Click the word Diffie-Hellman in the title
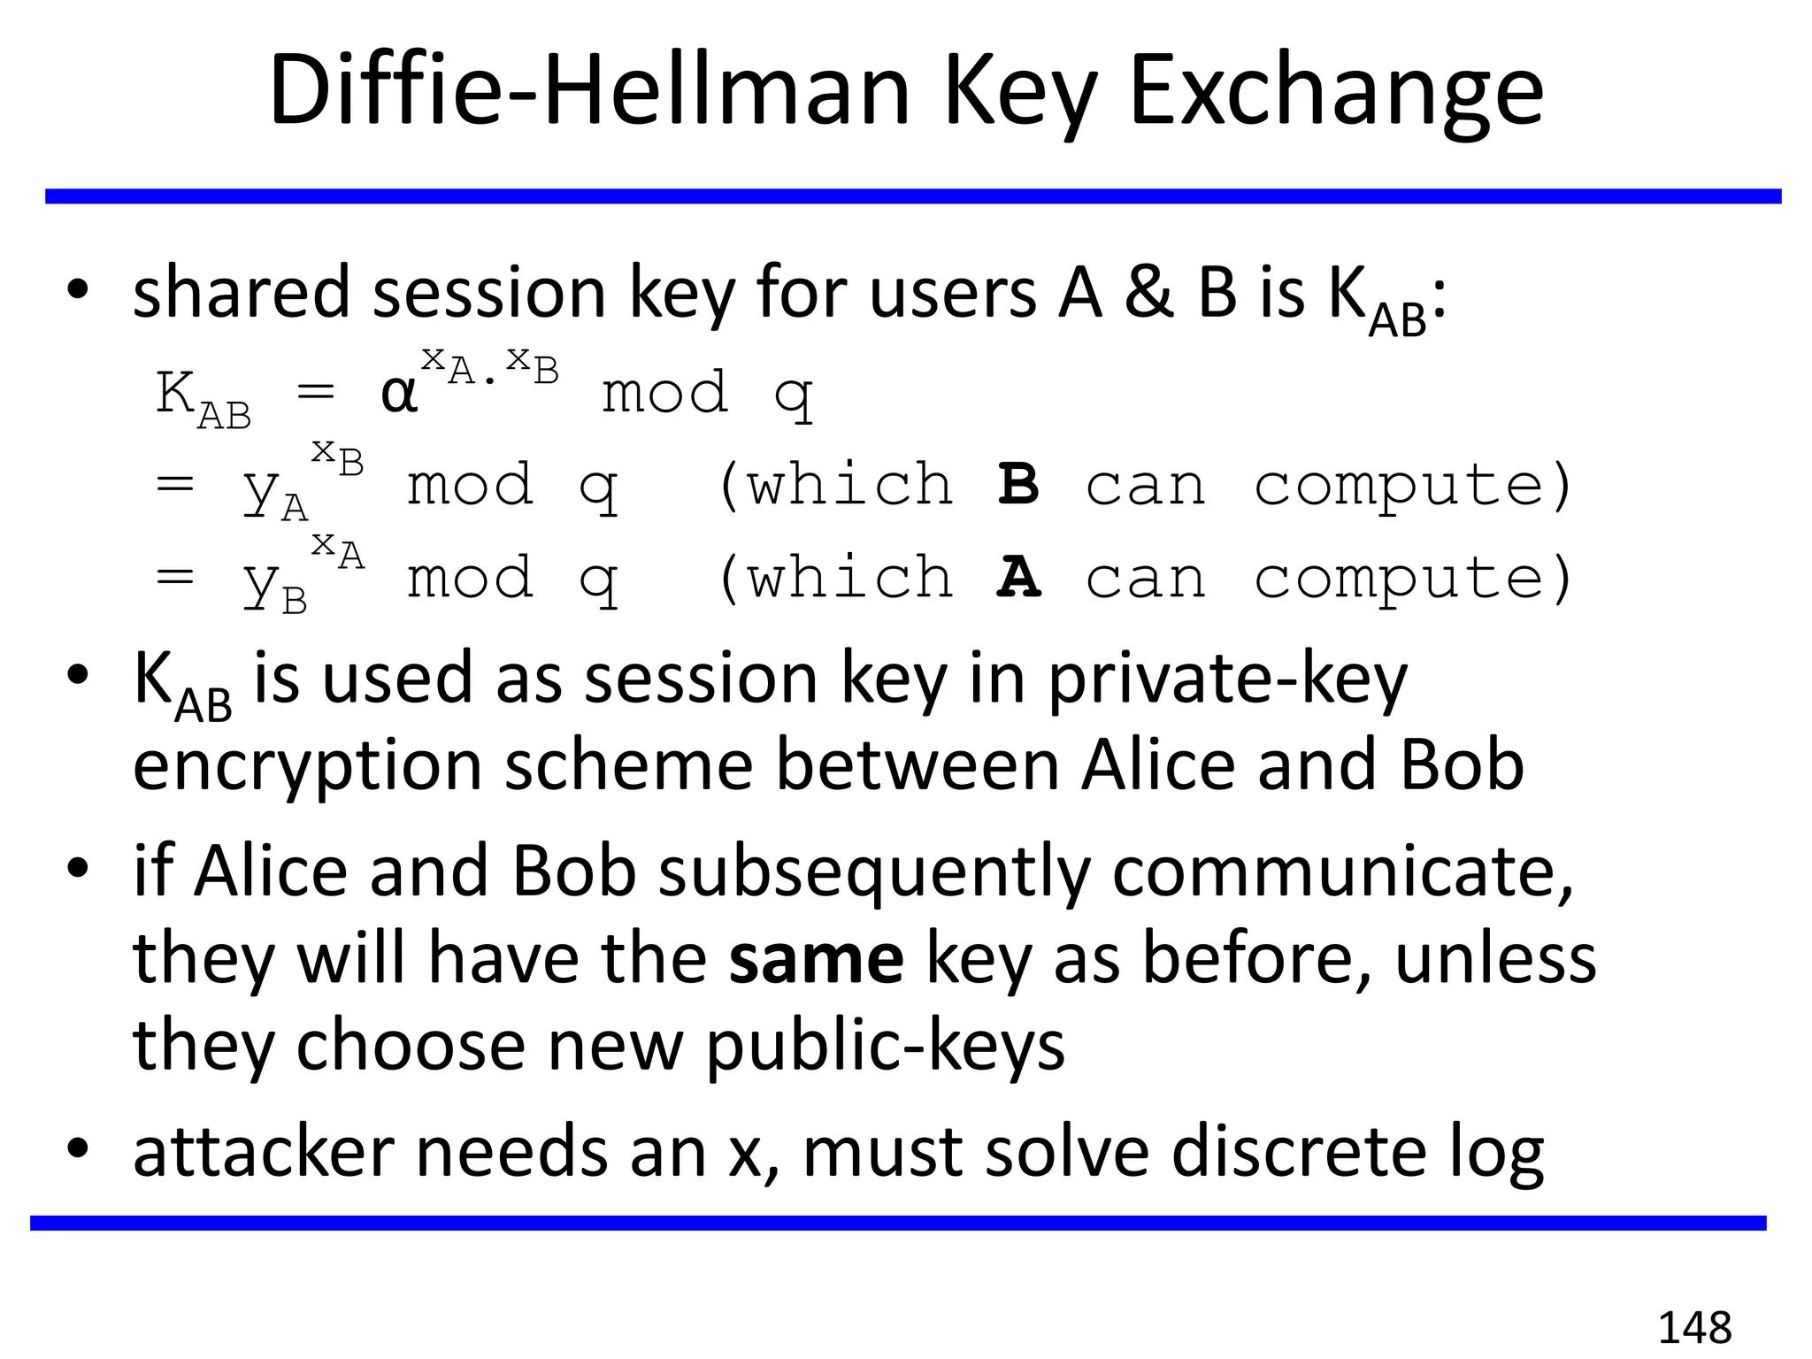[x=589, y=91]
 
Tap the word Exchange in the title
[x=1337, y=91]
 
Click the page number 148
[x=1693, y=1328]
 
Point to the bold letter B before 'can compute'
[x=1018, y=485]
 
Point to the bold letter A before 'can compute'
[x=1018, y=578]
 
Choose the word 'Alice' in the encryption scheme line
[x=1158, y=765]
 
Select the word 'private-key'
[x=1227, y=679]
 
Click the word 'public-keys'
[x=886, y=1046]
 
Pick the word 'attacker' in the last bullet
[x=264, y=1152]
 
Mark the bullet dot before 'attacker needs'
[x=78, y=1148]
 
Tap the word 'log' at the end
[x=1496, y=1154]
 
